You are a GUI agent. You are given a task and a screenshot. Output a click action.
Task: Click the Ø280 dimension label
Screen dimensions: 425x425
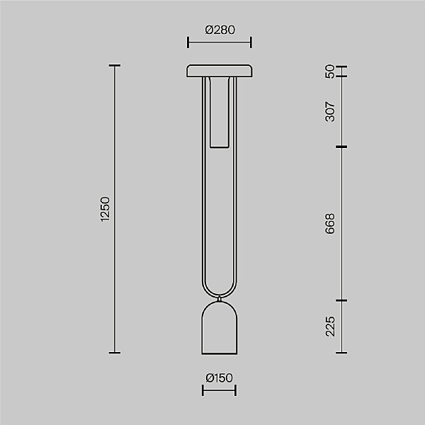point(220,30)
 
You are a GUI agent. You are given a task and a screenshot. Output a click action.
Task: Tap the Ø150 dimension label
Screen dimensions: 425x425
point(219,378)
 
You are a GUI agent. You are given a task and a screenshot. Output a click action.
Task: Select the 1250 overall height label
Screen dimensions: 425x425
point(105,209)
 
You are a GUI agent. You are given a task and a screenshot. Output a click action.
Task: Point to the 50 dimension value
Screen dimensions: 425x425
point(330,72)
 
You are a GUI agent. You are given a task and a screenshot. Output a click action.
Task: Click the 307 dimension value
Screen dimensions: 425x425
point(330,112)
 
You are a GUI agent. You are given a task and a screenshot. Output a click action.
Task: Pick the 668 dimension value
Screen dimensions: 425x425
point(330,224)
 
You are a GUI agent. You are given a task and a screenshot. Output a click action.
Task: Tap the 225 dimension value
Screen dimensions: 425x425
point(330,327)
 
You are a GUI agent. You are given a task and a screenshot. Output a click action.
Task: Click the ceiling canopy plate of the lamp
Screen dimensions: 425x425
point(220,71)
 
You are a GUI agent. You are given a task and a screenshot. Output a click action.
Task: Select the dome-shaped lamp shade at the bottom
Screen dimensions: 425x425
point(220,328)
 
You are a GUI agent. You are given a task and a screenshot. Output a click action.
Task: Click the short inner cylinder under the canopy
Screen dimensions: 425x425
point(220,113)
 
